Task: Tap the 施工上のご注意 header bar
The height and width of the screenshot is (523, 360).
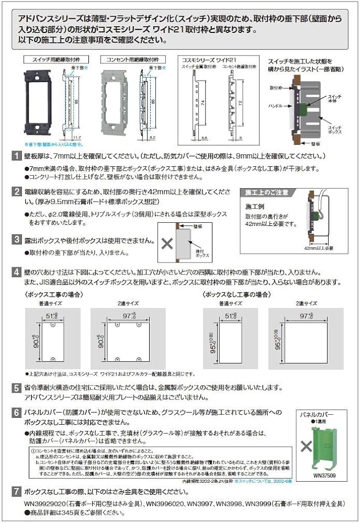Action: pos(265,193)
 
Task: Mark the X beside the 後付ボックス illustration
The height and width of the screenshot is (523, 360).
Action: pos(167,243)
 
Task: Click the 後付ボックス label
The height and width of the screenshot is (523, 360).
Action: pos(203,253)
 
